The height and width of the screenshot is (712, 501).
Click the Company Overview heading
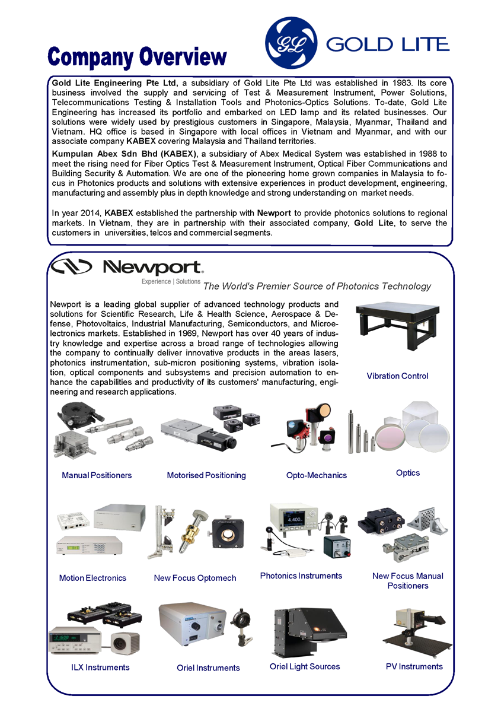[x=138, y=58]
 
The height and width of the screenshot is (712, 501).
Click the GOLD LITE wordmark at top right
[x=388, y=44]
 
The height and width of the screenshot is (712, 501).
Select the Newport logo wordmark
[x=153, y=268]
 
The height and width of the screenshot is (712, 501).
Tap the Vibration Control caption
[x=397, y=376]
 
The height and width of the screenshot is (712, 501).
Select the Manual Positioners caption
[x=97, y=475]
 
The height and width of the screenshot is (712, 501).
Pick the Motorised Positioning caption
[x=206, y=475]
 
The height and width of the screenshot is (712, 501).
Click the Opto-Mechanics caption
[x=317, y=475]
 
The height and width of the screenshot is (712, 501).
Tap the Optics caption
[x=408, y=473]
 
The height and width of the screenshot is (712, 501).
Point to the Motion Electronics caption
[x=92, y=578]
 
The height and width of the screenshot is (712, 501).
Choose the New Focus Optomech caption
[x=195, y=578]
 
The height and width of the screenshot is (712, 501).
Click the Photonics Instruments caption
[x=301, y=576]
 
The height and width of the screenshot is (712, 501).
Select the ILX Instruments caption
[x=100, y=667]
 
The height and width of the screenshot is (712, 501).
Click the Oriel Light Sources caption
[x=305, y=666]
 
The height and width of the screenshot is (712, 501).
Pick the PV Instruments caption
[x=414, y=666]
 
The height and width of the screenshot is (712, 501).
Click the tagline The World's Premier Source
[x=317, y=287]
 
